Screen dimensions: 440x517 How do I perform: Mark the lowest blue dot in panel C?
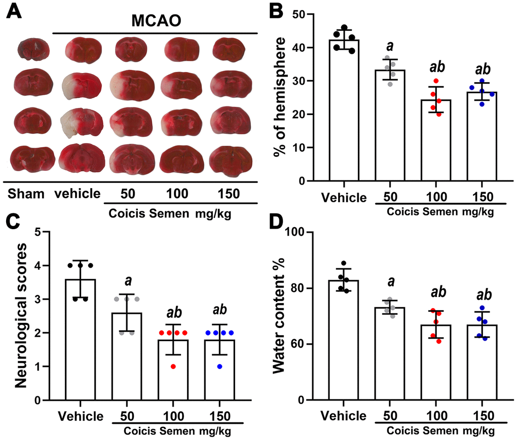pyautogui.click(x=220, y=366)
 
